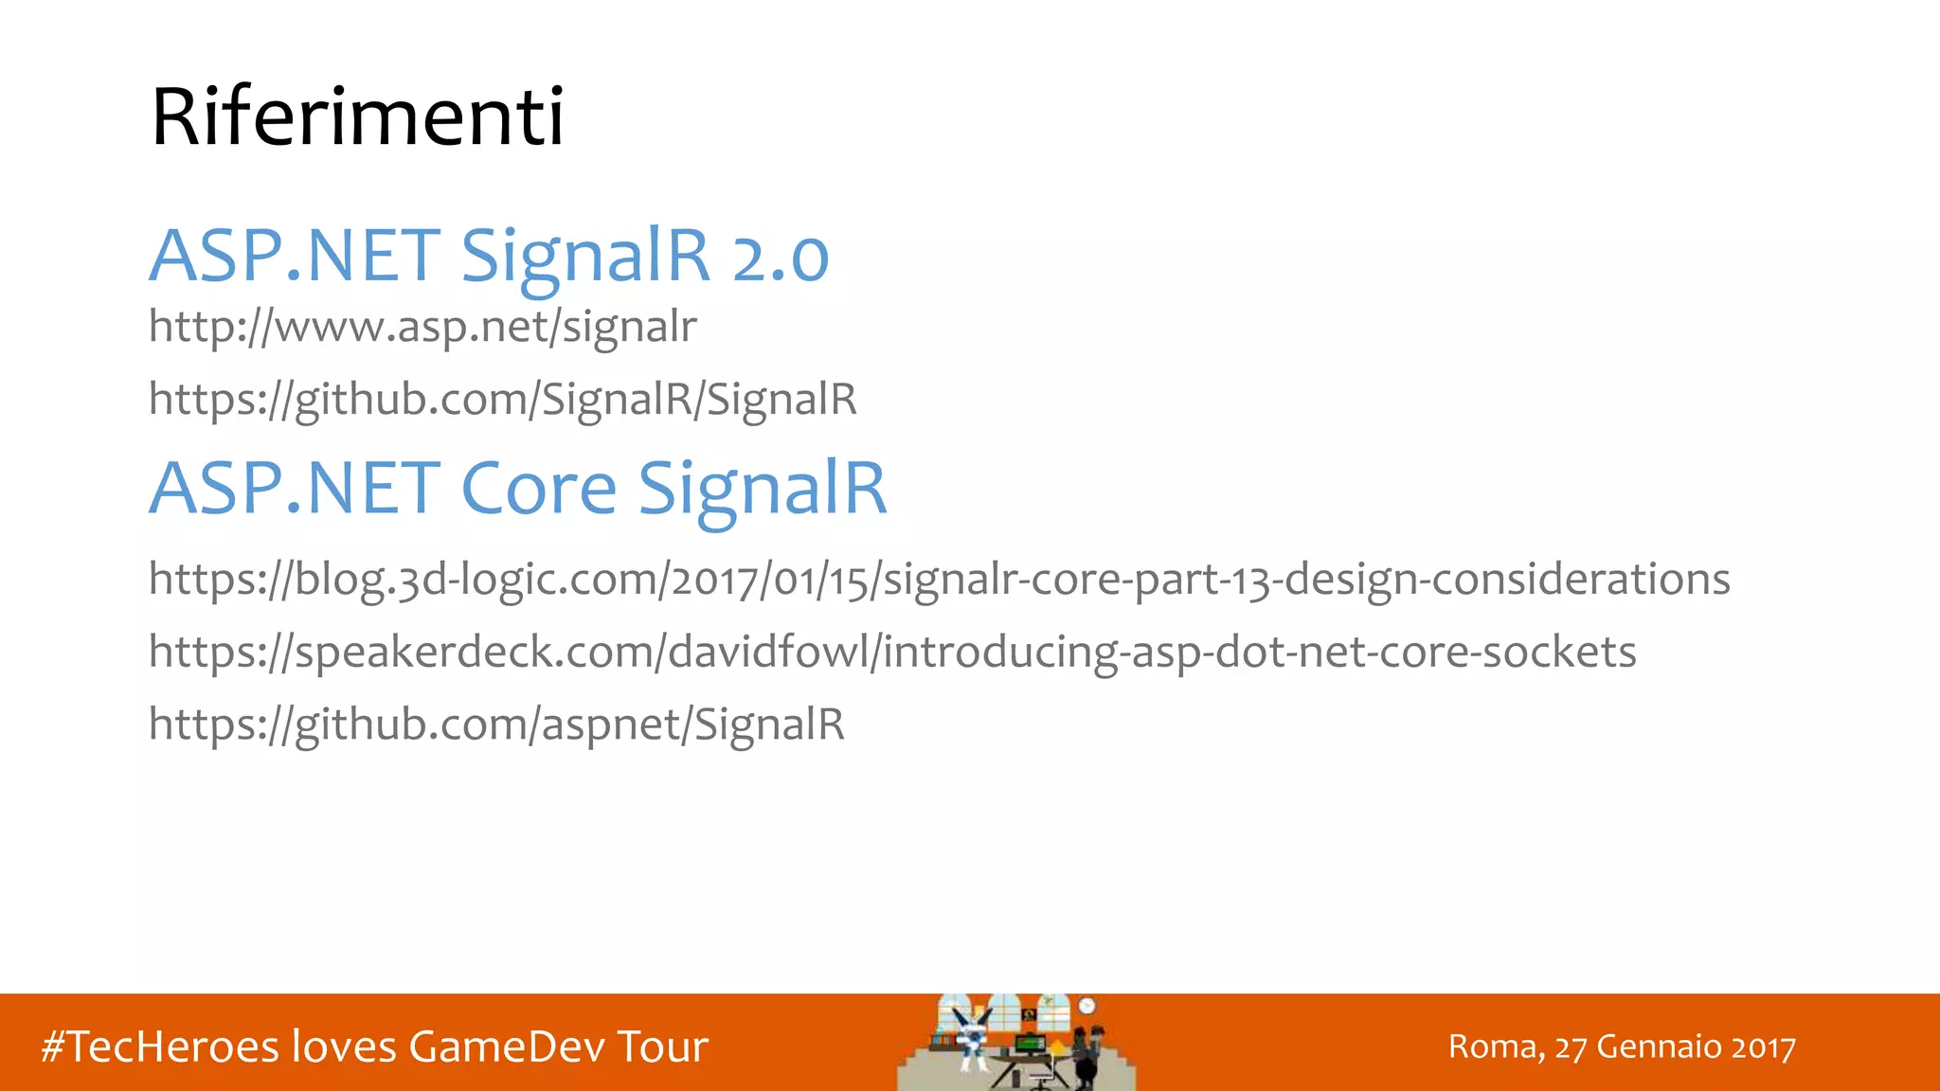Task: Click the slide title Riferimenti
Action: coord(357,117)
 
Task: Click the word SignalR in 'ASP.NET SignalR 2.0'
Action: coord(584,256)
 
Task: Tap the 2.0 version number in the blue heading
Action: coord(781,258)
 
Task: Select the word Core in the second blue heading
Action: coord(538,489)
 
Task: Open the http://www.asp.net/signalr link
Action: coord(422,327)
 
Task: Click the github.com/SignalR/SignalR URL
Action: coord(502,399)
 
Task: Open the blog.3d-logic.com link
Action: coord(938,579)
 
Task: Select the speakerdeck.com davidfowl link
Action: coord(891,652)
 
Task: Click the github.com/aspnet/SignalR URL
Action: coord(496,724)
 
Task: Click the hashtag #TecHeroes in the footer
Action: coord(160,1046)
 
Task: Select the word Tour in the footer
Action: coord(662,1046)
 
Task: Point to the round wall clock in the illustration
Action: coord(1087,1006)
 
